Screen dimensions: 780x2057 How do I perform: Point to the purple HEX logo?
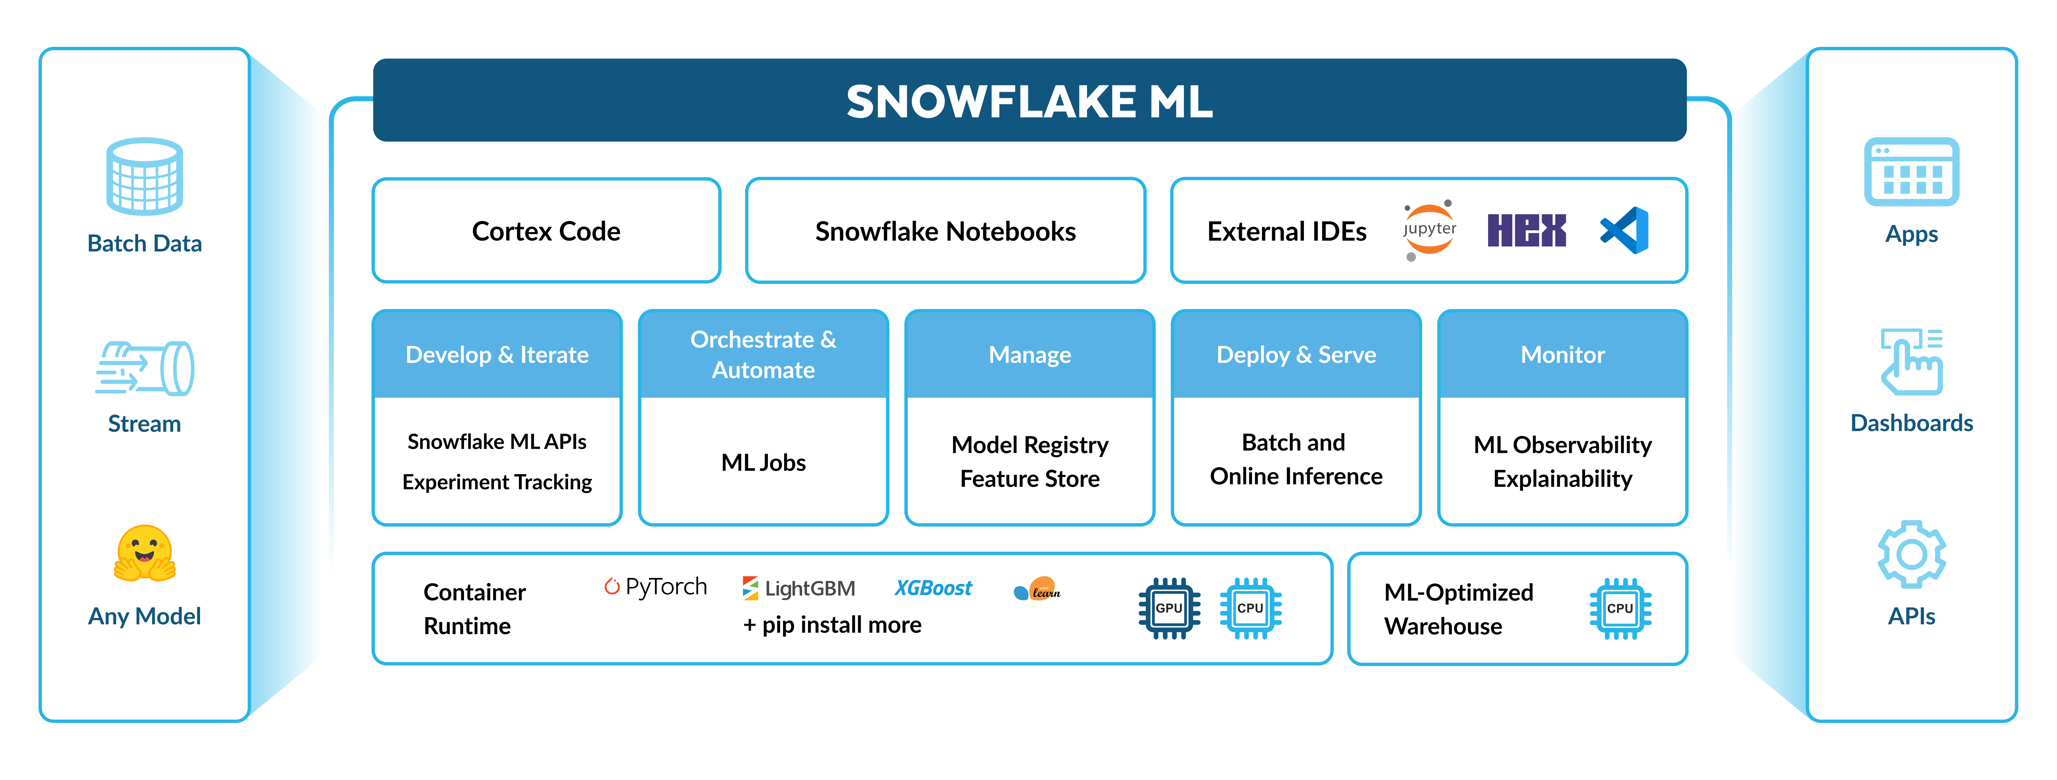point(1526,231)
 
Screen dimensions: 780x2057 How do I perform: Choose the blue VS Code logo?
point(1625,231)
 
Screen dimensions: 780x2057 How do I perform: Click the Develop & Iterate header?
point(497,354)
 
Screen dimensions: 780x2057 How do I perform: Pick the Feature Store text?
point(1029,479)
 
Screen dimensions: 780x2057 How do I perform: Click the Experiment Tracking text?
point(497,482)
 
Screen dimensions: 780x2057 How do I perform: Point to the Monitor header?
point(1562,354)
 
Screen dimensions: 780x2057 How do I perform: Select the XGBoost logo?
point(933,588)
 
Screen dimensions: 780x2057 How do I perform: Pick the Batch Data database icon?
point(144,177)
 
